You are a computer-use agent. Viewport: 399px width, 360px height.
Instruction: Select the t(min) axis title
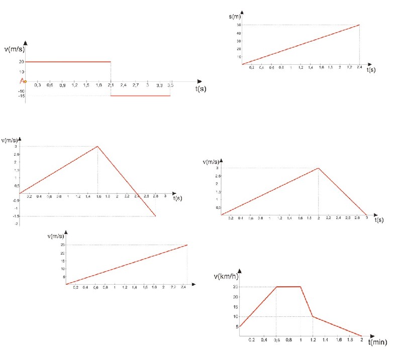377,342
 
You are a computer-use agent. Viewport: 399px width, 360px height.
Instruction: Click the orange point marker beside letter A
25,81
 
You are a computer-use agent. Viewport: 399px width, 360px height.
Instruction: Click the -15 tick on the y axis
22,95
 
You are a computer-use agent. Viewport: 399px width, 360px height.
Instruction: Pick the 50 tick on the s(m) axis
238,25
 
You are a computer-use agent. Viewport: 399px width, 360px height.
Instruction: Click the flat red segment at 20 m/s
68,62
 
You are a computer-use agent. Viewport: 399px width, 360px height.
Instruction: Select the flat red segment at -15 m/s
141,95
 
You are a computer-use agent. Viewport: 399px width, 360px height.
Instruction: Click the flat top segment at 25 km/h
288,287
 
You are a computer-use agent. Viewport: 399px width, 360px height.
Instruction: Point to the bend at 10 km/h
313,316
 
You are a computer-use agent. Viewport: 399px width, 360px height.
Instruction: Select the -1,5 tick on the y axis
17,216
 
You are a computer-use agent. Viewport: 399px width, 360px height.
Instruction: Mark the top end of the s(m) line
359,25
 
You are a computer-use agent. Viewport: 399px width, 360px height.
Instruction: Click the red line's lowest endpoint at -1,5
156,216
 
